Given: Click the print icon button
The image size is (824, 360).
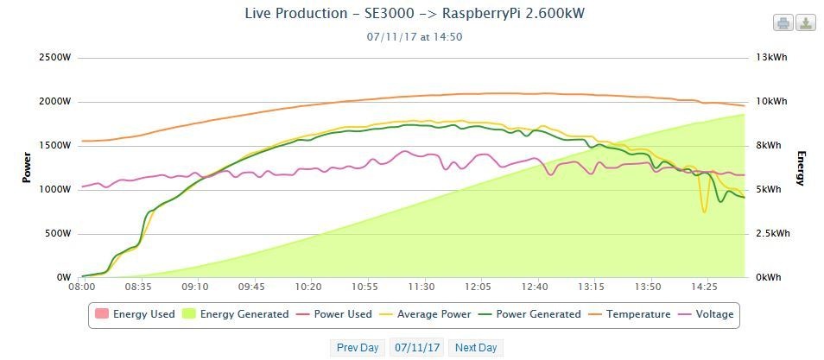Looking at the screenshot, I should [783, 23].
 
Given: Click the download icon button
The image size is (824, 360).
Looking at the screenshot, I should [805, 23].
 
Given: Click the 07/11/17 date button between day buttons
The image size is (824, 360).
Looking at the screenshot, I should [416, 348].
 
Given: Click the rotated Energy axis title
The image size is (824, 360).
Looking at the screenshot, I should [801, 167].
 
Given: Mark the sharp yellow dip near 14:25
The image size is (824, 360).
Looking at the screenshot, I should [704, 210].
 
